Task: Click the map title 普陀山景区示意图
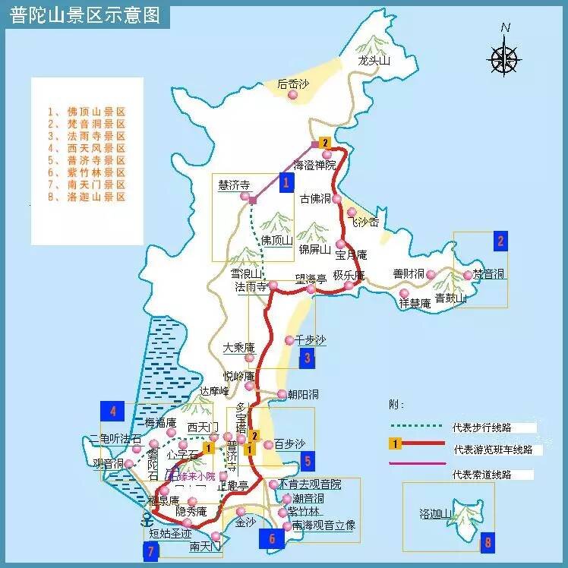pyautogui.click(x=85, y=15)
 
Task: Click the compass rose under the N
pyautogui.click(x=503, y=58)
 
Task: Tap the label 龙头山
pyautogui.click(x=374, y=62)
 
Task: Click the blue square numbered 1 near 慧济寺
pyautogui.click(x=286, y=182)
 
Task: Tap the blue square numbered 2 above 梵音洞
pyautogui.click(x=500, y=241)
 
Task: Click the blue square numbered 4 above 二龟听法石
pyautogui.click(x=112, y=412)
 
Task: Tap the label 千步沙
pyautogui.click(x=310, y=339)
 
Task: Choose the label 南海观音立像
pyautogui.click(x=323, y=525)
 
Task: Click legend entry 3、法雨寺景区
pyautogui.click(x=85, y=136)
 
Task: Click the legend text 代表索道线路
pyautogui.click(x=481, y=475)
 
